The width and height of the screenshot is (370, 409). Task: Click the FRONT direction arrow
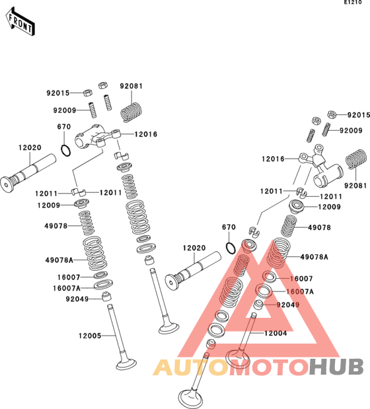coord(20,21)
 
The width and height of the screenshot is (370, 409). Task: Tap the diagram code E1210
coord(353,3)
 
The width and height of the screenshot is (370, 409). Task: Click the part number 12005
coord(90,336)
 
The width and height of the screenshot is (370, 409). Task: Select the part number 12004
coord(276,333)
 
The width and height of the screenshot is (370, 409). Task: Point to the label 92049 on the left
coord(77,299)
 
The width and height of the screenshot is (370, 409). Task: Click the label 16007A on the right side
coord(300,291)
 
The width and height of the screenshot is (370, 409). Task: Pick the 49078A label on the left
coord(59,260)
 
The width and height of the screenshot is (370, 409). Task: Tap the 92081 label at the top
coord(131,86)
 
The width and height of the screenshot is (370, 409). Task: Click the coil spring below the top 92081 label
coord(131,112)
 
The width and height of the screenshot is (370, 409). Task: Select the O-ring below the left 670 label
coord(65,151)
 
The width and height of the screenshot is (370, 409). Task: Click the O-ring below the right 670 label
coord(231,248)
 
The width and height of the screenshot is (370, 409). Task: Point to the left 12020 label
coord(30,147)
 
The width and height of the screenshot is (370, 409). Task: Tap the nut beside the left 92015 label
coord(88,93)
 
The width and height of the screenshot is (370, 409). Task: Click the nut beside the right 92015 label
coord(332,114)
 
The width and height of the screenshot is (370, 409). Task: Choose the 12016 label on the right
coord(273,159)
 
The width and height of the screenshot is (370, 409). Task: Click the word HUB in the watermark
coord(336,367)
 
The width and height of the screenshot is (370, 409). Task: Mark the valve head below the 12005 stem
coord(126,364)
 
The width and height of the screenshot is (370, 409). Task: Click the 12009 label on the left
coord(49,205)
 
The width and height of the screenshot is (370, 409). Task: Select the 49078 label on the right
coord(319,227)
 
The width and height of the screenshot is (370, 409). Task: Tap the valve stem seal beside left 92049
coord(106,296)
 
